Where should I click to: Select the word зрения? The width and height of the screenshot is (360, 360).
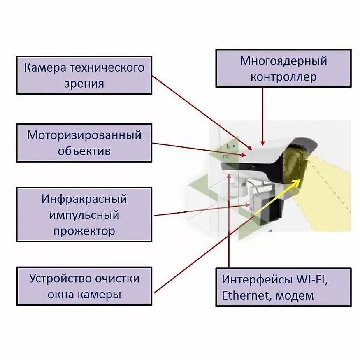[x=84, y=84]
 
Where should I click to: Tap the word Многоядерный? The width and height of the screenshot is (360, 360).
[x=283, y=61]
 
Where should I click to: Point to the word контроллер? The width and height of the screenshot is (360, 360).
[x=283, y=77]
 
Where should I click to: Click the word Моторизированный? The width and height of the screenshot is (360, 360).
[x=84, y=135]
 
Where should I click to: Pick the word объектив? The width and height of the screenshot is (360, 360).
[x=84, y=151]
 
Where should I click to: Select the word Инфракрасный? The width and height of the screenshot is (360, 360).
[x=84, y=199]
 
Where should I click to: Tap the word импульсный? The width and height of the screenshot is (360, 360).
[x=84, y=215]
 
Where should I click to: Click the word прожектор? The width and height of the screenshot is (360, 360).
[x=84, y=231]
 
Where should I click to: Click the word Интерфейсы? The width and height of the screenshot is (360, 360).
[x=257, y=279]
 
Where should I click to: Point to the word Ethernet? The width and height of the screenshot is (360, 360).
[x=246, y=295]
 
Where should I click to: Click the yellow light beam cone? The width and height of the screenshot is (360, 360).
[x=329, y=193]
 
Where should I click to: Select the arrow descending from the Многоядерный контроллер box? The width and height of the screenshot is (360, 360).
[x=262, y=115]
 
